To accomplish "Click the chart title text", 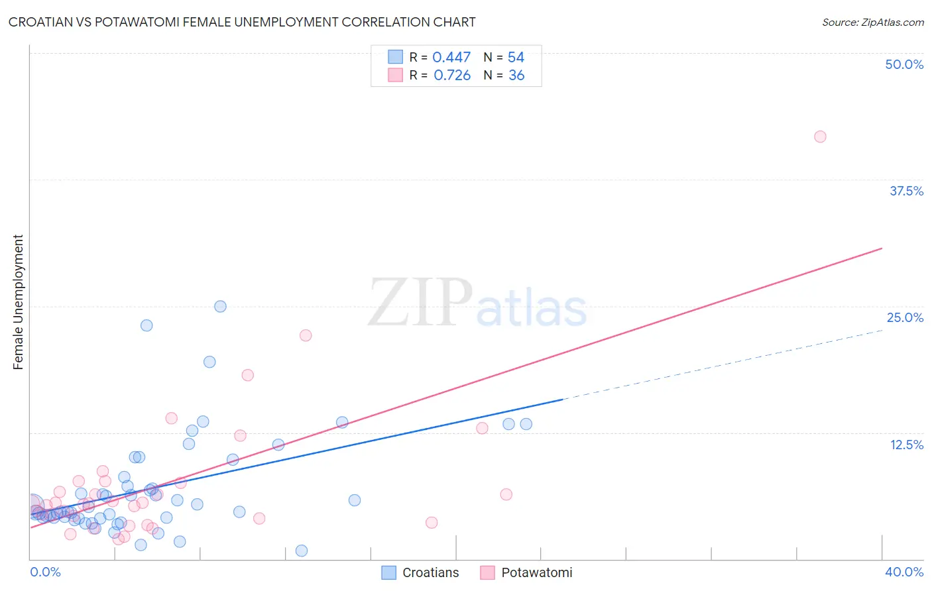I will tap(242, 22).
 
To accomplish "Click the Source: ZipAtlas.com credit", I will tap(872, 23).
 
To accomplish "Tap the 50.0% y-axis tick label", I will tap(903, 64).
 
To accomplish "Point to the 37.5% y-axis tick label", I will tap(906, 191).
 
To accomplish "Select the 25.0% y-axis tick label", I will tap(905, 317).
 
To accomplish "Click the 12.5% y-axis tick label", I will tap(906, 445).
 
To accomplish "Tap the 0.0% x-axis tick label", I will tap(45, 572).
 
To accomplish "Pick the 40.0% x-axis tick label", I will tap(903, 572).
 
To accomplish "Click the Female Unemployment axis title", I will tap(18, 302).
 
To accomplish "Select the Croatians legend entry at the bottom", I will tap(421, 572).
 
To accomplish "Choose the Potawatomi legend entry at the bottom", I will tap(526, 572).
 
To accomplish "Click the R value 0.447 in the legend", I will tap(451, 58).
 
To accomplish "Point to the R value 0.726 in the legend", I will tap(452, 76).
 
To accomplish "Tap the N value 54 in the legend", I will tap(516, 58).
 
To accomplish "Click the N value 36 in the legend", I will tap(516, 76).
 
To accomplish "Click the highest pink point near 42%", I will tap(820, 136).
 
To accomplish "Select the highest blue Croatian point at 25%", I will tap(220, 306).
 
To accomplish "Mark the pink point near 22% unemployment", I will tap(306, 335).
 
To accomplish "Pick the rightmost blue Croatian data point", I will tap(526, 424).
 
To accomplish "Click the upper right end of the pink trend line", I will tap(882, 248).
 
